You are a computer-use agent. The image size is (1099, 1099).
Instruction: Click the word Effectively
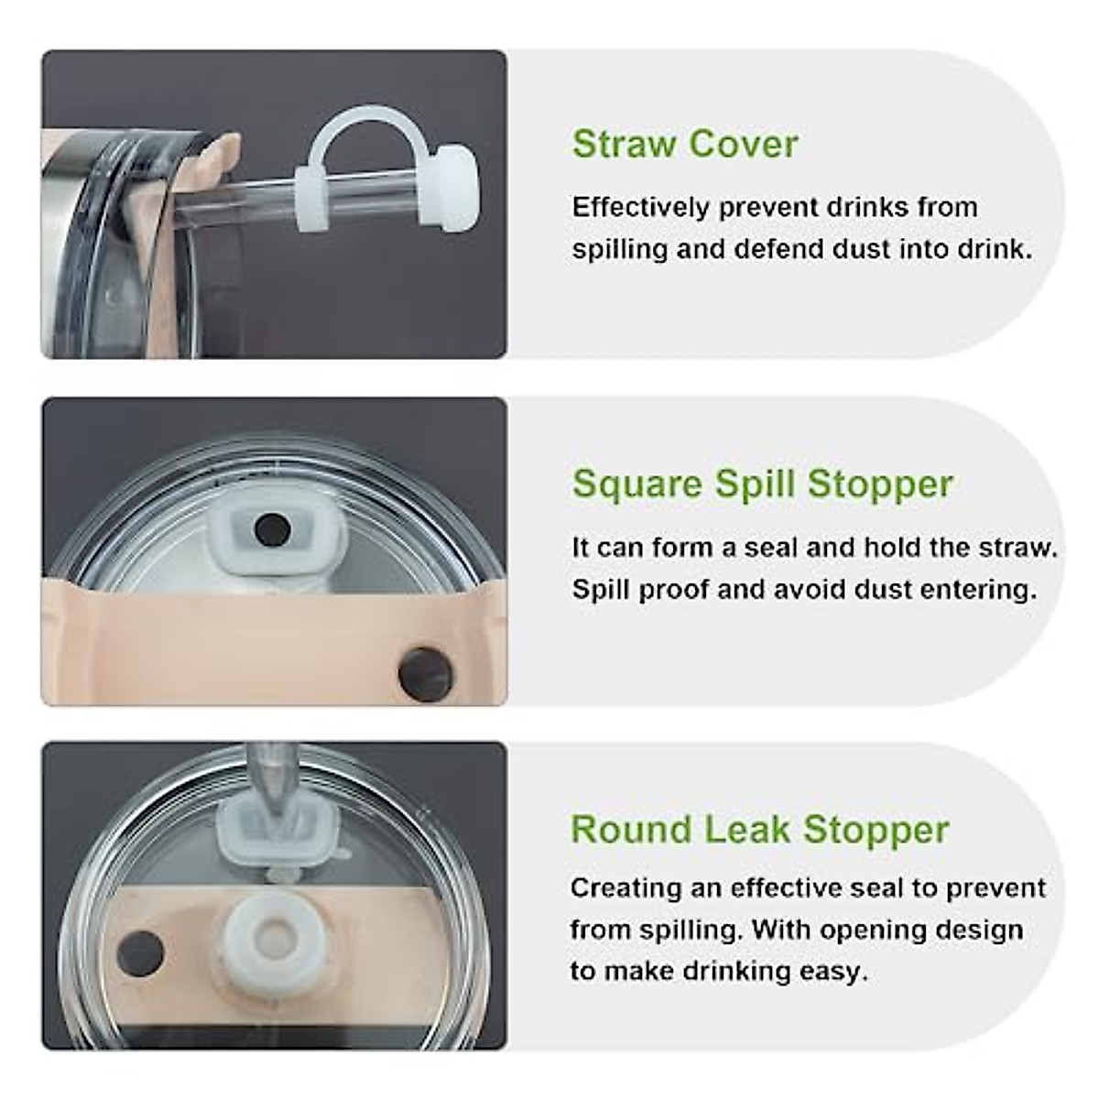click(x=640, y=207)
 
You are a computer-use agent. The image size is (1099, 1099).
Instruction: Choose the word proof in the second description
click(x=668, y=589)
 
